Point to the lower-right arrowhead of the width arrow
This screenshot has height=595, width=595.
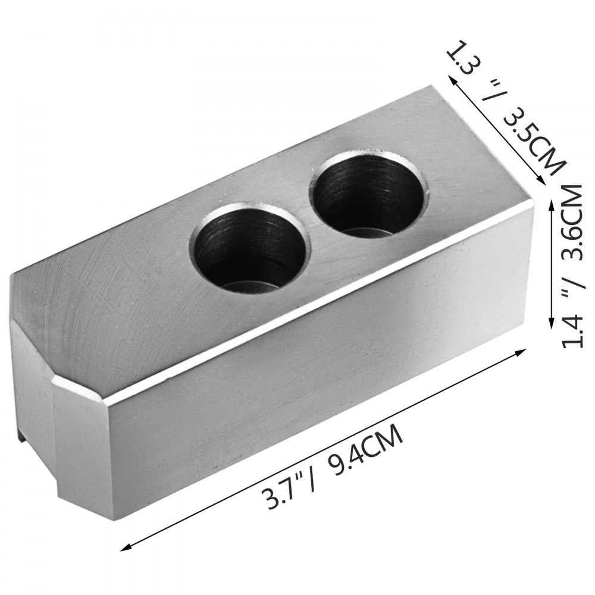coord(542,185)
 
